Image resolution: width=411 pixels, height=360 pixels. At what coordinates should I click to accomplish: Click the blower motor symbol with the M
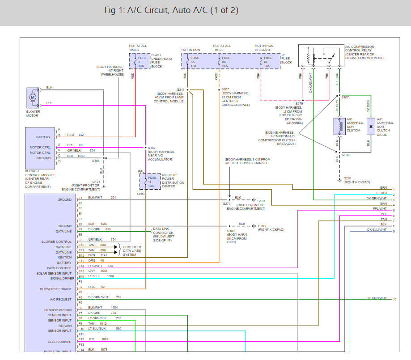33,97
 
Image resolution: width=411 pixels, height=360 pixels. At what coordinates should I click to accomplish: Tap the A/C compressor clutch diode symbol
370,127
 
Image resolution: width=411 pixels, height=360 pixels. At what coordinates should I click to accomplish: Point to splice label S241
181,89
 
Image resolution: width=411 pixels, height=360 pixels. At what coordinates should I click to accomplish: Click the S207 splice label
225,89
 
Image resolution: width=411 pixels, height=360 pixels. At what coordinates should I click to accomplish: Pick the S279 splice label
299,103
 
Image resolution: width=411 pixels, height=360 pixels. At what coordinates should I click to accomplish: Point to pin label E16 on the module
81,276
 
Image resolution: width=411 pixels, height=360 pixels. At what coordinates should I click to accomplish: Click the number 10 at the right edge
394,299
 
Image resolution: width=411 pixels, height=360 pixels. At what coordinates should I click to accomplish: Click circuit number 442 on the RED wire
81,135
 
